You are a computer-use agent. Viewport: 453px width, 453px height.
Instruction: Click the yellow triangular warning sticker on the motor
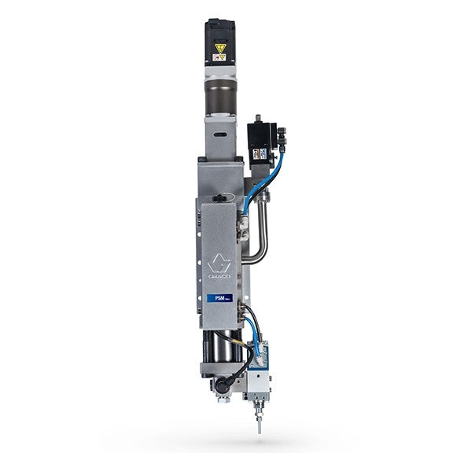coord(220,47)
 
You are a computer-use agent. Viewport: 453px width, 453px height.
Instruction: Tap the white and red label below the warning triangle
coord(220,58)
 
